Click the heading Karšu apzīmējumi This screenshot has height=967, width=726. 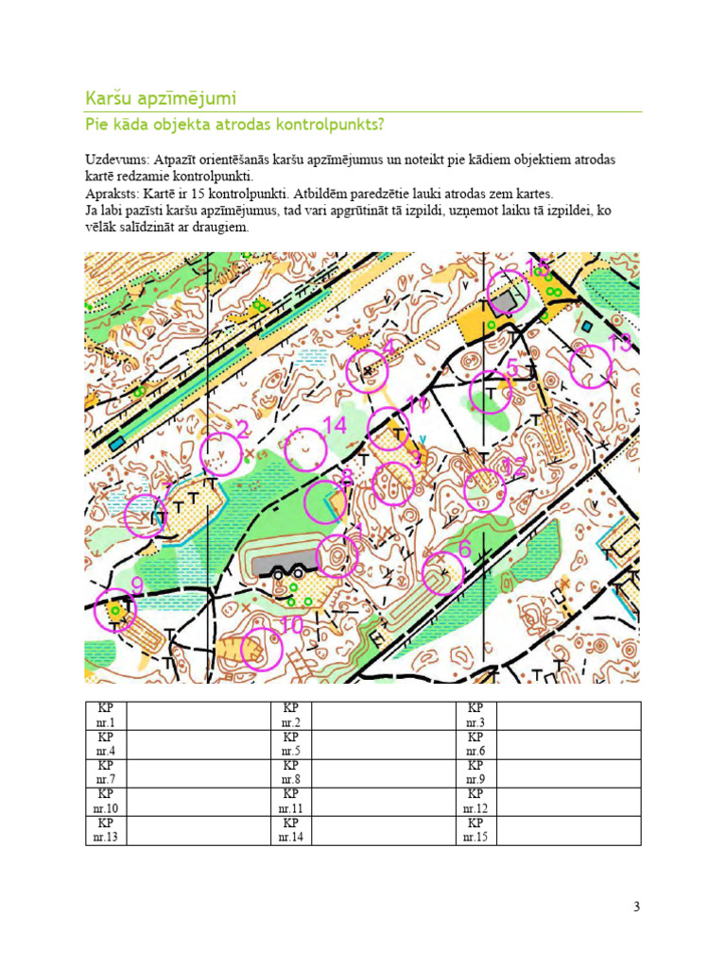pos(161,98)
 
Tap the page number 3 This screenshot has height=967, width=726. pos(636,908)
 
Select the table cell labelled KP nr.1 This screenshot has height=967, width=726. pos(105,716)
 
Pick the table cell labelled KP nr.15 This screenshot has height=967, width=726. pos(475,830)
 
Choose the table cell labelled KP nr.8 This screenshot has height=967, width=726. pos(290,772)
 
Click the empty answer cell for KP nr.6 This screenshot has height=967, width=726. pos(568,744)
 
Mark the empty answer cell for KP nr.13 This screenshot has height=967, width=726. pos(197,830)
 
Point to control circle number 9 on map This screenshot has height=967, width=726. pos(115,612)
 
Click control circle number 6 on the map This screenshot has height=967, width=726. pos(442,573)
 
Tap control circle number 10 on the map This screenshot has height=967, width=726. pos(262,649)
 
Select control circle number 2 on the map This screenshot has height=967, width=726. pos(222,453)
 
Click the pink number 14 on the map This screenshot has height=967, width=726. pos(335,427)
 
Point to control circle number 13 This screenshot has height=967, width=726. pos(591,366)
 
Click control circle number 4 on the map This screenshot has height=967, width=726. pos(368,371)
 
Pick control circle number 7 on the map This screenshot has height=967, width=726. pos(146,516)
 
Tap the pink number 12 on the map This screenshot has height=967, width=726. pos(514,466)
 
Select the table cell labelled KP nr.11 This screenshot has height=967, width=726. pos(290,802)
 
